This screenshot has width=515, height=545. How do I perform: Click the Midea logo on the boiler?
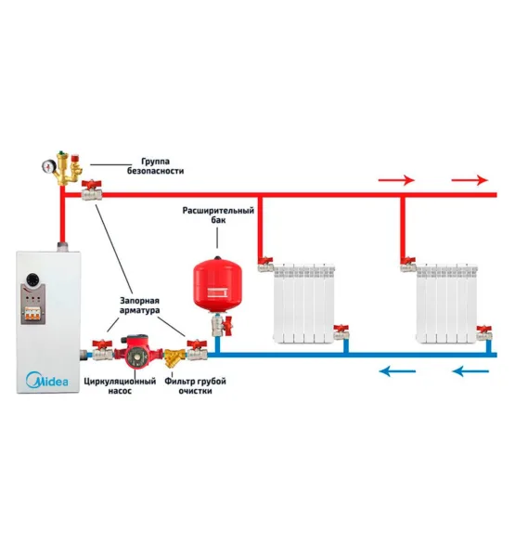(47, 380)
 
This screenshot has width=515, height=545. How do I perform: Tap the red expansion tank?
(217, 284)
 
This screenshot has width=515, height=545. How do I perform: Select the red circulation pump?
(138, 352)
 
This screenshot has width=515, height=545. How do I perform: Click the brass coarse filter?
(174, 357)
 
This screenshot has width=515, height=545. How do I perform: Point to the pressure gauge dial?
(48, 166)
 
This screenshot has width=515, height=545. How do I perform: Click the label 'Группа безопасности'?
(155, 166)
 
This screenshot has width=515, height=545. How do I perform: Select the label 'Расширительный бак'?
(218, 215)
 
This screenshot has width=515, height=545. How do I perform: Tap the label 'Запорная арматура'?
(139, 305)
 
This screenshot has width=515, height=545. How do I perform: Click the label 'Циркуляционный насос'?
(120, 386)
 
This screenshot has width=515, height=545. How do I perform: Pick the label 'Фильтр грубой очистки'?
(195, 386)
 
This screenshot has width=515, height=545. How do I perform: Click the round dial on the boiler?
(32, 279)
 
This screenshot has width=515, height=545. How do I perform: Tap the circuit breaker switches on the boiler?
(32, 314)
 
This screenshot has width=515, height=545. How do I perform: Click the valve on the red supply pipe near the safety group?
(92, 190)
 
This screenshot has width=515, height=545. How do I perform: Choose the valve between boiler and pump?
(102, 350)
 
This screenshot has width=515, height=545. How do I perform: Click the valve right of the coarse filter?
(197, 350)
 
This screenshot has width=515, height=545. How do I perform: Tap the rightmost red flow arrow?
(470, 180)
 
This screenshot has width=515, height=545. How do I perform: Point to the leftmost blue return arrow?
(397, 371)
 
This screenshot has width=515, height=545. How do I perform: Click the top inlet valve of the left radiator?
(265, 265)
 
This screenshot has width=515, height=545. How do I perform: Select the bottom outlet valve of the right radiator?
(484, 333)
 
